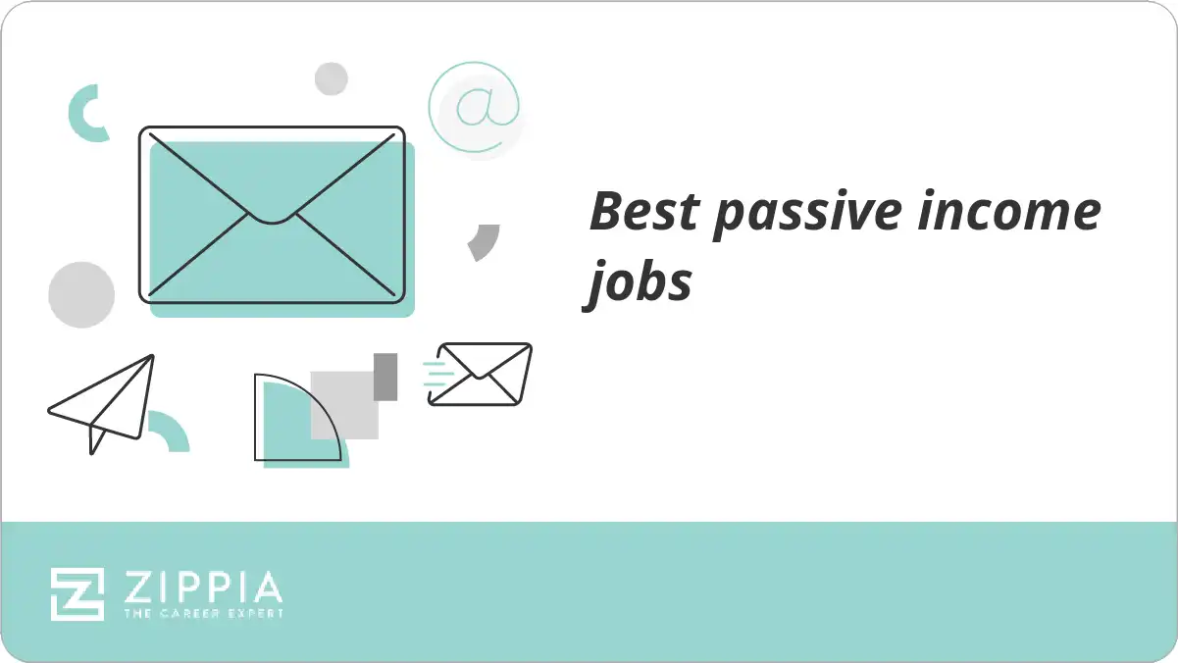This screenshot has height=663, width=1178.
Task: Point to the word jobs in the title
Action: tap(640, 283)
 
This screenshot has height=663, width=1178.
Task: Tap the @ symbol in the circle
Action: tap(475, 106)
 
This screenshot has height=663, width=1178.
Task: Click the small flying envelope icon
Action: tap(482, 374)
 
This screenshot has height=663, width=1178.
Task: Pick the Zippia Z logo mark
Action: tap(77, 594)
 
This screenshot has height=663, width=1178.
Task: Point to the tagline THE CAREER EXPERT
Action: tap(203, 614)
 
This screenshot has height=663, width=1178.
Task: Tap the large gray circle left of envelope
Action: tap(81, 294)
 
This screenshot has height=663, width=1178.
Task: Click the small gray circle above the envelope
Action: tap(331, 78)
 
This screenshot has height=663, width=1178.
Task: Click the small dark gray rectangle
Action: tap(385, 377)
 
